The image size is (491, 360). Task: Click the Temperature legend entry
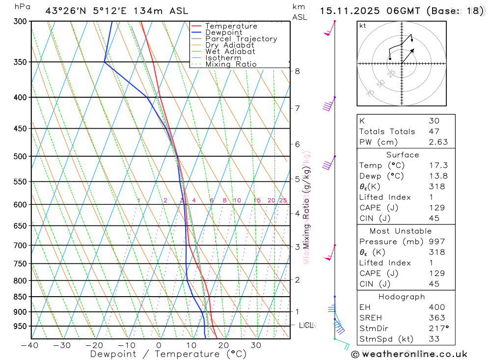coord(231,26)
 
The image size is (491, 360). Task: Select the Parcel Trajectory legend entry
coord(241,39)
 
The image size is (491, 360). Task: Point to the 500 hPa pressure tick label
coord(20,156)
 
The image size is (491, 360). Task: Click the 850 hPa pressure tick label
coord(20,297)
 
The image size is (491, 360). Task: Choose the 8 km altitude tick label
coord(297,71)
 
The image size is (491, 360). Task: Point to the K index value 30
coord(434,121)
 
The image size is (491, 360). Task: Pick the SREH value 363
coord(436,318)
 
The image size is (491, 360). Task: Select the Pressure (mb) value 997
coord(436,242)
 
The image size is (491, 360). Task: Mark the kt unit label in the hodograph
coord(363,26)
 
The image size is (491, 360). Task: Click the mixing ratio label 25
coord(283,200)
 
